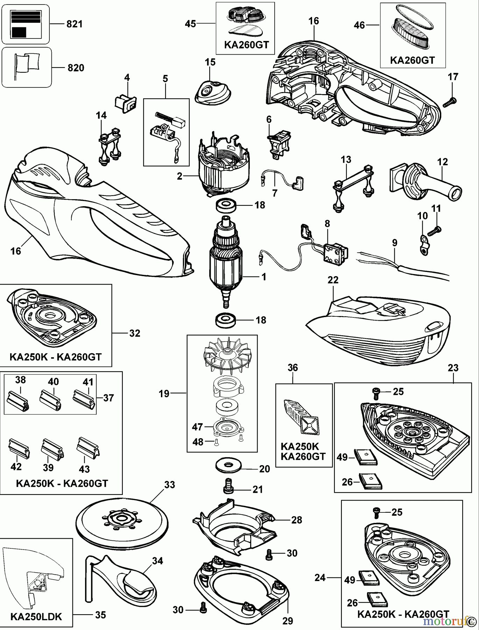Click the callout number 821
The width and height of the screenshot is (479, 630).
pos(74,24)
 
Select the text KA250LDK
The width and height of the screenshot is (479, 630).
pos(36,616)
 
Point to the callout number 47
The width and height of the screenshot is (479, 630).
pos(197,427)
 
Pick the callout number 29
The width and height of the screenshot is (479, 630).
pos(287,621)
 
